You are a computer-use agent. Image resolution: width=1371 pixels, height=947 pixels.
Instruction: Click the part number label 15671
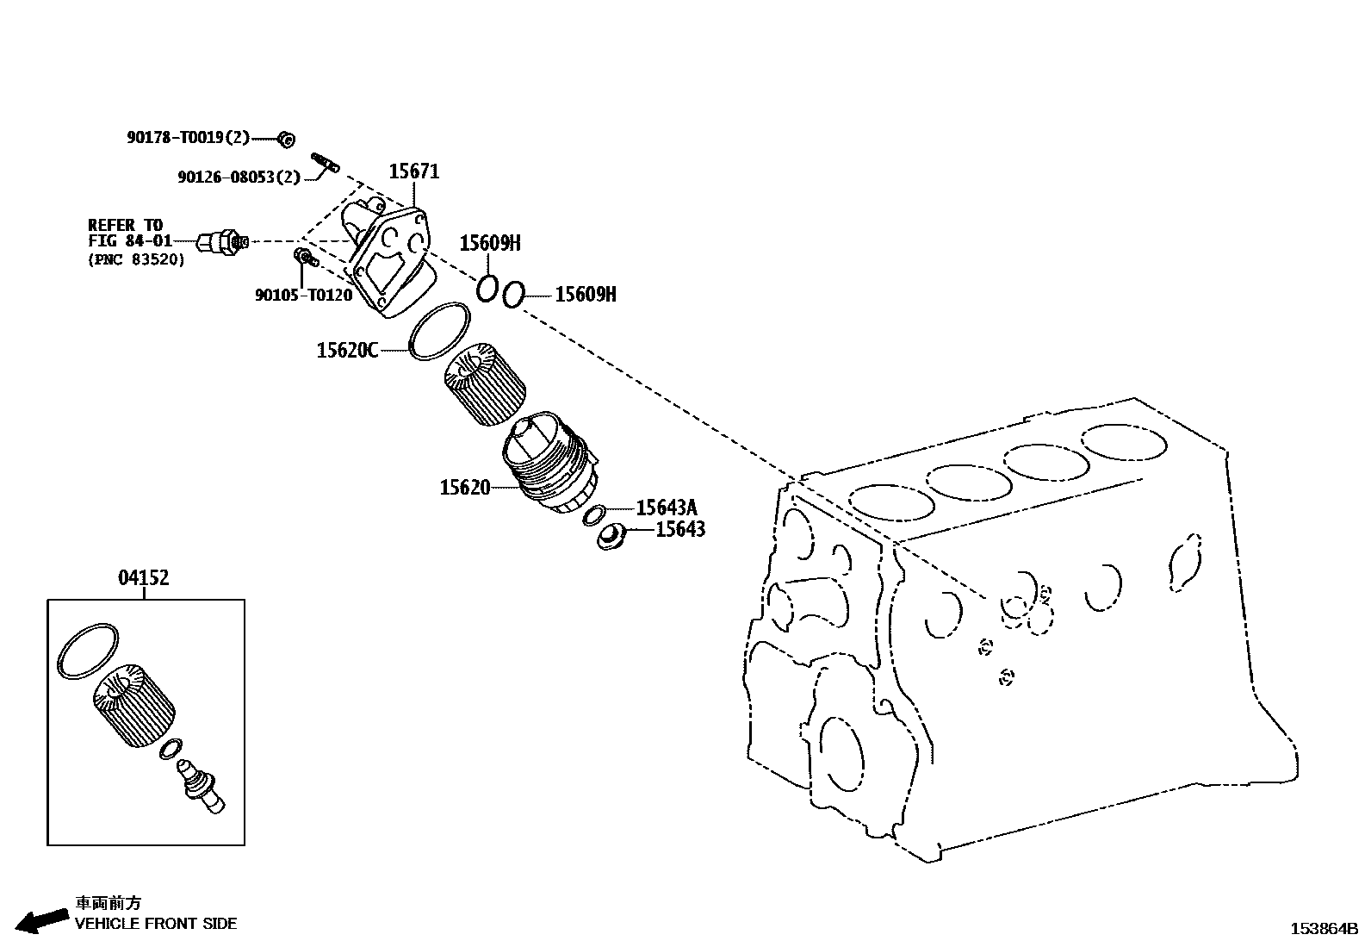click(x=414, y=171)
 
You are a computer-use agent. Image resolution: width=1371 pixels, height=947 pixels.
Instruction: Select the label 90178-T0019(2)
click(x=188, y=137)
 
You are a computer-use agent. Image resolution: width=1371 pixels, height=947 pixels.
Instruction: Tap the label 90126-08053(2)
click(x=239, y=177)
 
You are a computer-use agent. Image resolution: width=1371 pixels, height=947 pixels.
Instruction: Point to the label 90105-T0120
click(x=303, y=295)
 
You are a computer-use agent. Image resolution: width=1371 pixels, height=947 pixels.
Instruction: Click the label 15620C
click(x=347, y=350)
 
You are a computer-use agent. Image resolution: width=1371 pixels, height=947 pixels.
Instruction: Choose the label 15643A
click(x=667, y=508)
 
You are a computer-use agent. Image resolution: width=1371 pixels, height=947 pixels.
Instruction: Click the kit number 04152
click(x=144, y=577)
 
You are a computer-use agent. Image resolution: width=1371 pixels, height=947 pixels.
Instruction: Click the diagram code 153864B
click(x=1323, y=929)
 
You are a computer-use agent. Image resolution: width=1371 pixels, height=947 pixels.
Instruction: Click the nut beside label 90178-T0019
click(x=288, y=138)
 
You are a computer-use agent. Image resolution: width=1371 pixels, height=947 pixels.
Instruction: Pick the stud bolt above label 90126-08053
click(x=325, y=160)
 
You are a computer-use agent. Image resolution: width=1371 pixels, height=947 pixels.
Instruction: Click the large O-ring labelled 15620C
click(x=439, y=332)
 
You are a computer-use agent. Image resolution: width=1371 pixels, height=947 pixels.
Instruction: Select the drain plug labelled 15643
click(x=611, y=536)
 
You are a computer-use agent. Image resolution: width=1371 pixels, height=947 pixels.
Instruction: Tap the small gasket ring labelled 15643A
click(x=593, y=516)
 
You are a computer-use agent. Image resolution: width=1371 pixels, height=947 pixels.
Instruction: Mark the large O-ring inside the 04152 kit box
click(x=87, y=651)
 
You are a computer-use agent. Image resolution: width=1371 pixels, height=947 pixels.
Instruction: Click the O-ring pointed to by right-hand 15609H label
click(x=512, y=295)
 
